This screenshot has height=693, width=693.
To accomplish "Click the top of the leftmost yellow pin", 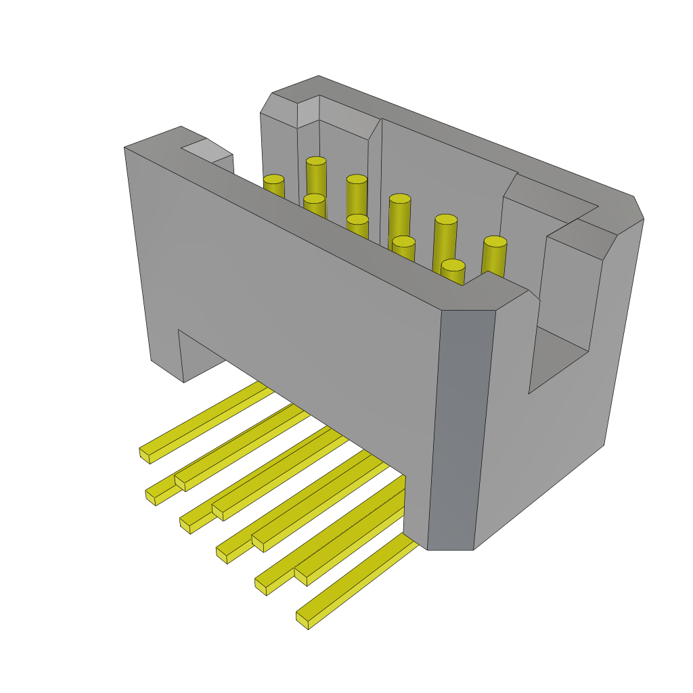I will pyautogui.click(x=273, y=179).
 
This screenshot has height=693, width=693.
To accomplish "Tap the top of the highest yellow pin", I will pyautogui.click(x=316, y=161).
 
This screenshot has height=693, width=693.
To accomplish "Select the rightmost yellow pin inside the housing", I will pyautogui.click(x=495, y=242).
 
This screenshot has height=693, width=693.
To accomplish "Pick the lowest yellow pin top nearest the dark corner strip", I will pyautogui.click(x=453, y=265).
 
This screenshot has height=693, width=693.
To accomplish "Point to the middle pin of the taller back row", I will pyautogui.click(x=399, y=199).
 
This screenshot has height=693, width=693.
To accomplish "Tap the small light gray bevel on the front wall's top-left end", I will pyautogui.click(x=207, y=150).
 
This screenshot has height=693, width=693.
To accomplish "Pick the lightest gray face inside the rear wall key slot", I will pyautogui.click(x=308, y=112).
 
